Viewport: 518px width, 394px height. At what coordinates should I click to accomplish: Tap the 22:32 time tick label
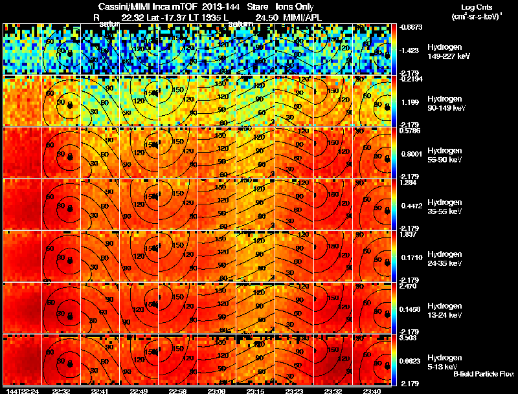(x=61, y=390)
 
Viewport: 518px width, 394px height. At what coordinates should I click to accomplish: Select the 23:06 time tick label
(x=217, y=390)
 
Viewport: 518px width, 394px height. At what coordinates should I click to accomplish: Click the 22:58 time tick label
(x=177, y=390)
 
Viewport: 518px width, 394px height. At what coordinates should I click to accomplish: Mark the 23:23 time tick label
(x=295, y=390)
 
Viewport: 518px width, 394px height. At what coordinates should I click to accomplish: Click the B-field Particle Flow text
(x=483, y=374)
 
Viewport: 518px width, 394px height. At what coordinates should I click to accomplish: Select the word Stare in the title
(x=258, y=6)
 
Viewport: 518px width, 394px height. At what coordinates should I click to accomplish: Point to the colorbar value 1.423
(x=411, y=50)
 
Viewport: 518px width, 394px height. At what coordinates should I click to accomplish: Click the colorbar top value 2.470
(x=409, y=285)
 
